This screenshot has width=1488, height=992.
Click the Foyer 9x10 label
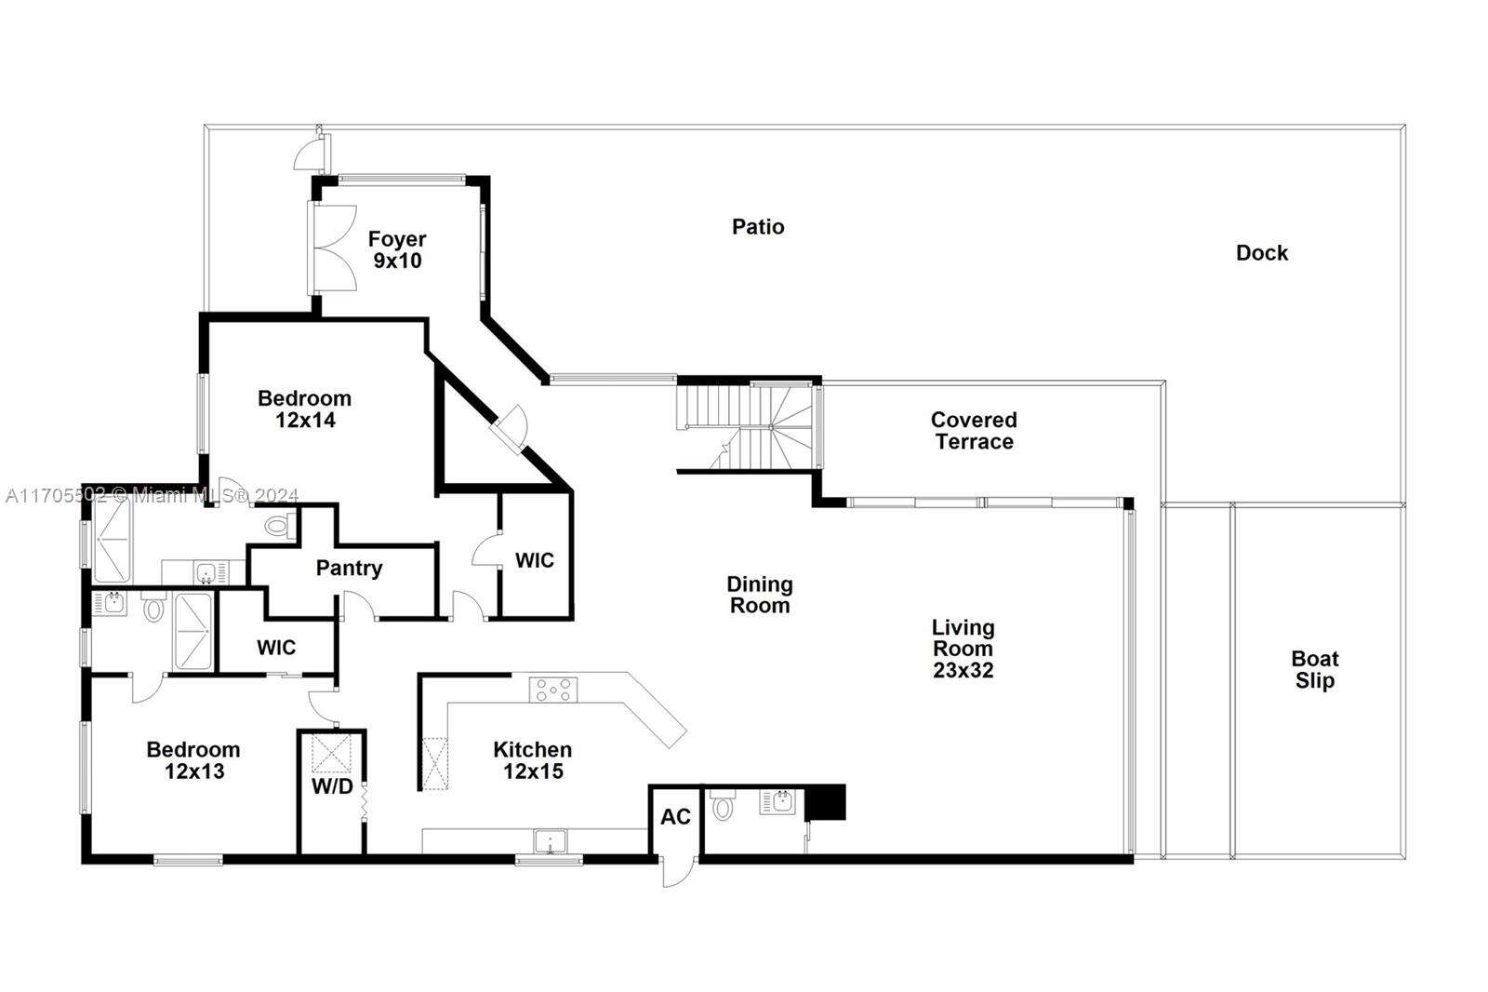tap(397, 249)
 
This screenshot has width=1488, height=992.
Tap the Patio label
tap(758, 227)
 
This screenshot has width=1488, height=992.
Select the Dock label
tap(1261, 253)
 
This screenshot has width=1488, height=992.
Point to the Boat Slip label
tap(1315, 669)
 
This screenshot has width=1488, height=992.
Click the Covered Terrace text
tap(974, 431)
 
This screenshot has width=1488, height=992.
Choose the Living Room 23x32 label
tap(963, 649)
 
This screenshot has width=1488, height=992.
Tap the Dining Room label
tap(760, 595)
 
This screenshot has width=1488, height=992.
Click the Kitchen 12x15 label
tap(533, 760)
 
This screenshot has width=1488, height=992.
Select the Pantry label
tap(349, 569)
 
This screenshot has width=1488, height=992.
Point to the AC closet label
tap(675, 817)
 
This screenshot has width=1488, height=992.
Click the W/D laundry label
tap(332, 786)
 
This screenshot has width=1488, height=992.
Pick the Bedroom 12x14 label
tap(305, 409)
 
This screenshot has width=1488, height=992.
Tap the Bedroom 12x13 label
tap(193, 760)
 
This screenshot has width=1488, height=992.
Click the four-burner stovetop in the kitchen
tap(553, 690)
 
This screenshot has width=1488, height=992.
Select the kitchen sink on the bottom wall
tap(550, 841)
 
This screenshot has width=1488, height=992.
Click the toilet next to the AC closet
tap(722, 805)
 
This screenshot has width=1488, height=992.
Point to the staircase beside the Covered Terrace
tap(749, 426)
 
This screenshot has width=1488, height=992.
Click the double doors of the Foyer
tap(334, 248)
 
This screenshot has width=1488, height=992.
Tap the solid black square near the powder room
tap(825, 802)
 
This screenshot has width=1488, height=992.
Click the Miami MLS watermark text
tap(153, 495)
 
